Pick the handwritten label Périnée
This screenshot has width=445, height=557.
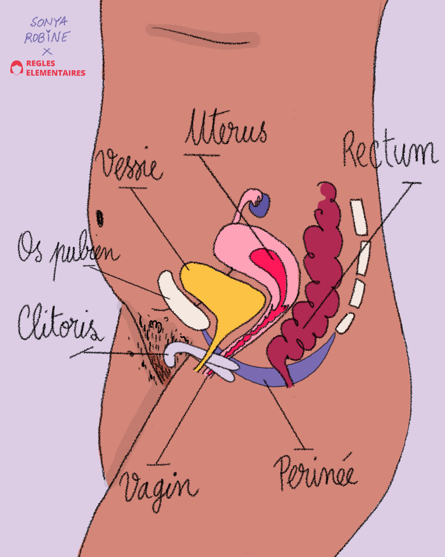pyautogui.click(x=316, y=473)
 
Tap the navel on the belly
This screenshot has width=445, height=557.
pyautogui.click(x=100, y=218)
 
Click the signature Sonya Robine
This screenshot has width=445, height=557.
pyautogui.click(x=48, y=30)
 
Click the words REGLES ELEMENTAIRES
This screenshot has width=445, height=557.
pyautogui.click(x=55, y=68)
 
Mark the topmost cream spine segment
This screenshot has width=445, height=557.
pyautogui.click(x=358, y=217)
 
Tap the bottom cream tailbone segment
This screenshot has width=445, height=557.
pyautogui.click(x=345, y=323)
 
